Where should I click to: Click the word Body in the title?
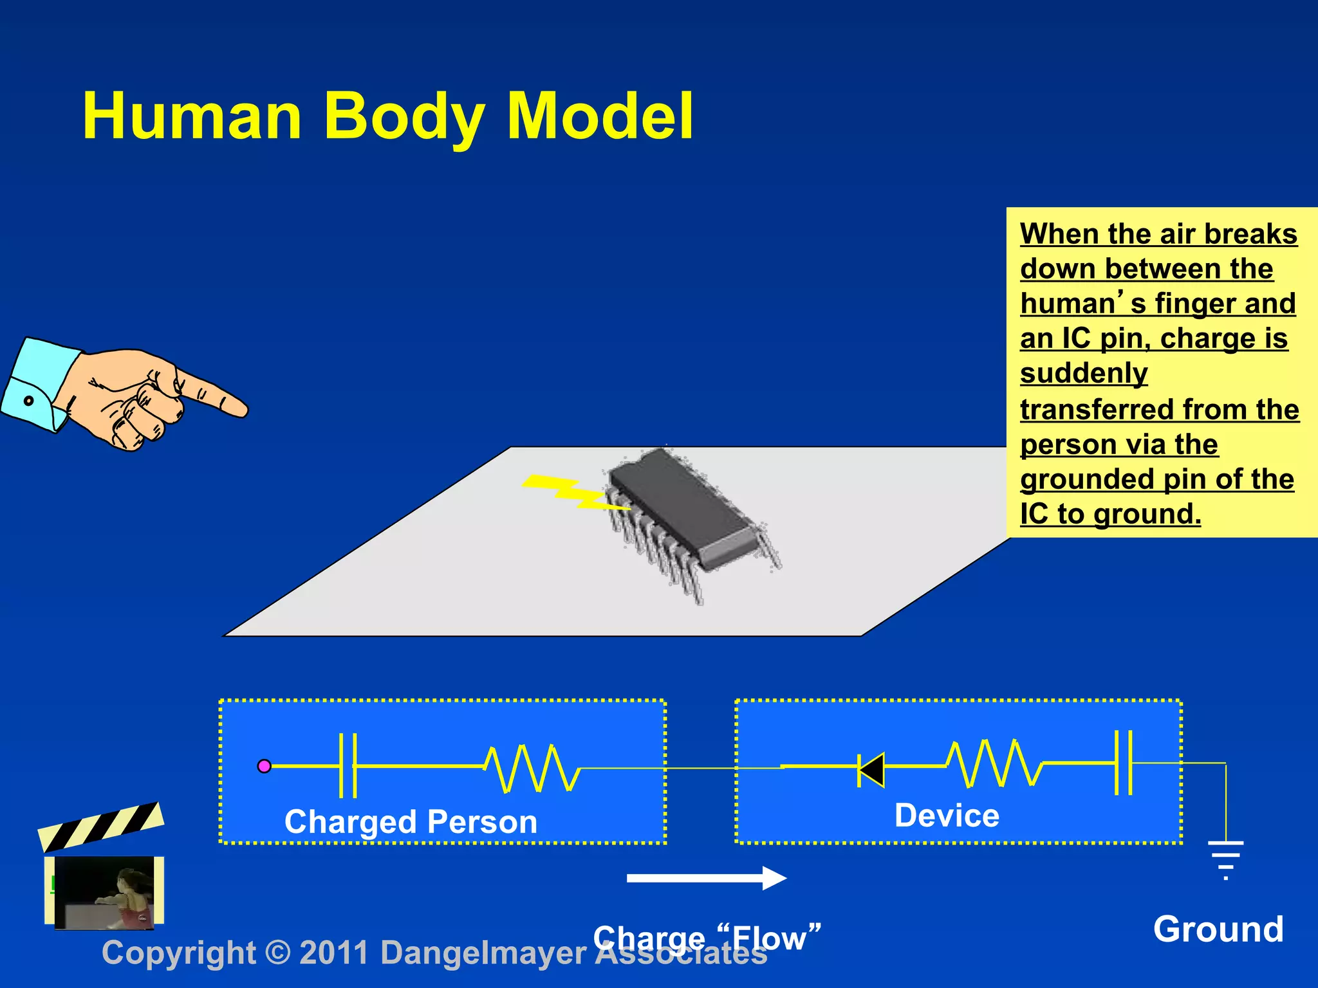pyautogui.click(x=404, y=116)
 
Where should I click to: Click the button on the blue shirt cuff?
pyautogui.click(x=28, y=401)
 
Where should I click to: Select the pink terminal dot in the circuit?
pyautogui.click(x=264, y=766)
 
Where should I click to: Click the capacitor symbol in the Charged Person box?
pyautogui.click(x=348, y=765)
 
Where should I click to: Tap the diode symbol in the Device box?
pyautogui.click(x=871, y=769)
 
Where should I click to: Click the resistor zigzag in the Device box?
pyautogui.click(x=994, y=764)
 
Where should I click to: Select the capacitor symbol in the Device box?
pyautogui.click(x=1123, y=762)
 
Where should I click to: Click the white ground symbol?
pyautogui.click(x=1225, y=859)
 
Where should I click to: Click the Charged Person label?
pyautogui.click(x=411, y=822)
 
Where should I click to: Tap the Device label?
pyautogui.click(x=947, y=816)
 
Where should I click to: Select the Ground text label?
pyautogui.click(x=1218, y=929)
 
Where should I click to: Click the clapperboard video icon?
pyautogui.click(x=103, y=868)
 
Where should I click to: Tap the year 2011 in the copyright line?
pyautogui.click(x=334, y=953)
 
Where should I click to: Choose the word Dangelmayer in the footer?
pyautogui.click(x=483, y=953)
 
